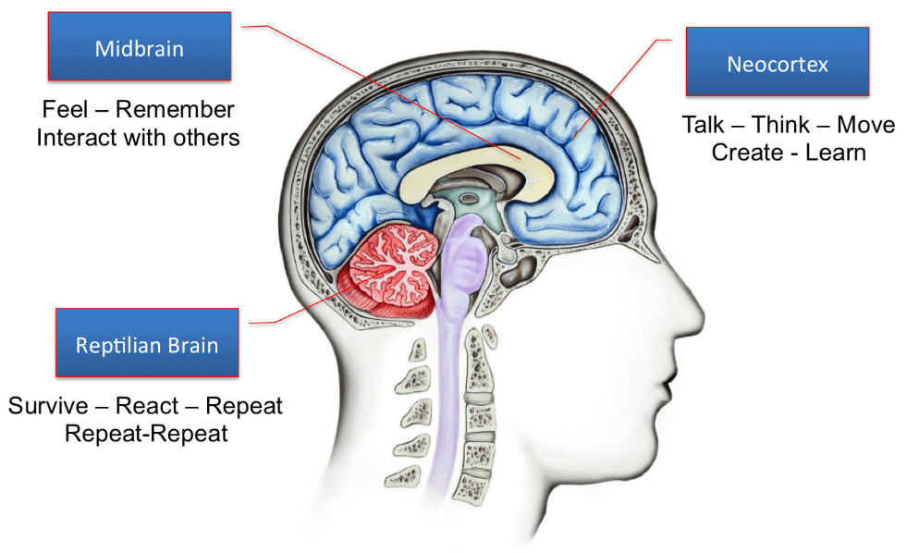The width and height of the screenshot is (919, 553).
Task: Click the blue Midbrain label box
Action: coord(140,47)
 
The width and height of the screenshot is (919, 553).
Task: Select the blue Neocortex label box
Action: coord(777,63)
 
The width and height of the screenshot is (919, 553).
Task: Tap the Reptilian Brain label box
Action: coord(147,345)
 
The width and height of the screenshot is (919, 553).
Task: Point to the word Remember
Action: coord(175,110)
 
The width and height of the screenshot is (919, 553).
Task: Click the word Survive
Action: coord(48,405)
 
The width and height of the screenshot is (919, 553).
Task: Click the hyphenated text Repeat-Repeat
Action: coord(146,433)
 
